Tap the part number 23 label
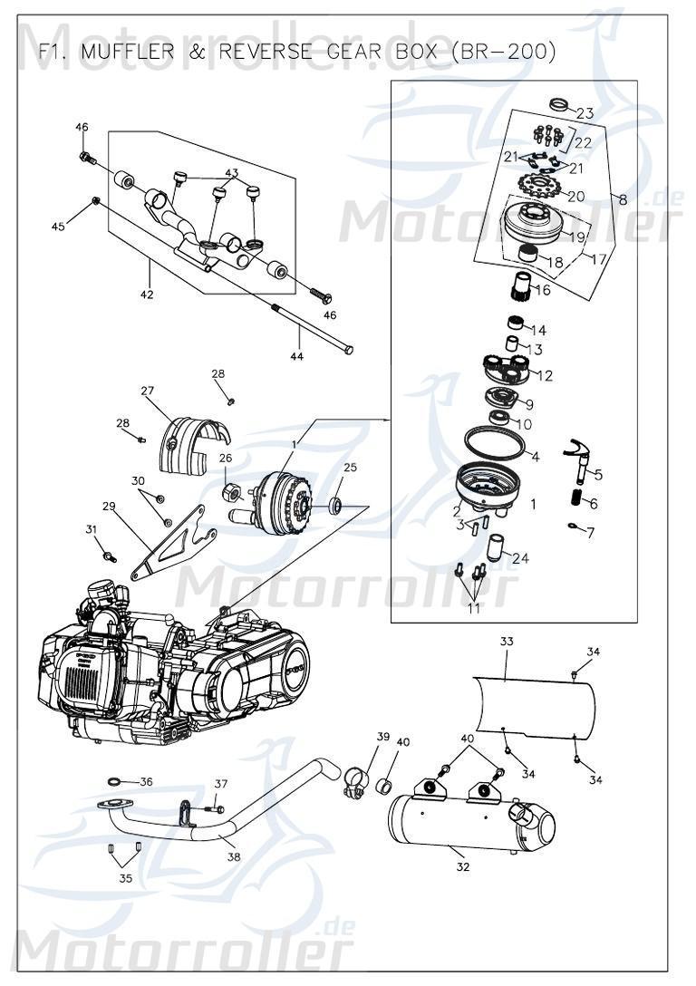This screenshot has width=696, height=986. click(585, 113)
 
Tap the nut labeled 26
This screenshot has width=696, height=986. click(230, 492)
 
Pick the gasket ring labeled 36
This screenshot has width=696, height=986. click(116, 781)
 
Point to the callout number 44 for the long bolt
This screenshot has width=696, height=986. click(297, 356)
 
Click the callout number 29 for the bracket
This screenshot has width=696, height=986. click(110, 507)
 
